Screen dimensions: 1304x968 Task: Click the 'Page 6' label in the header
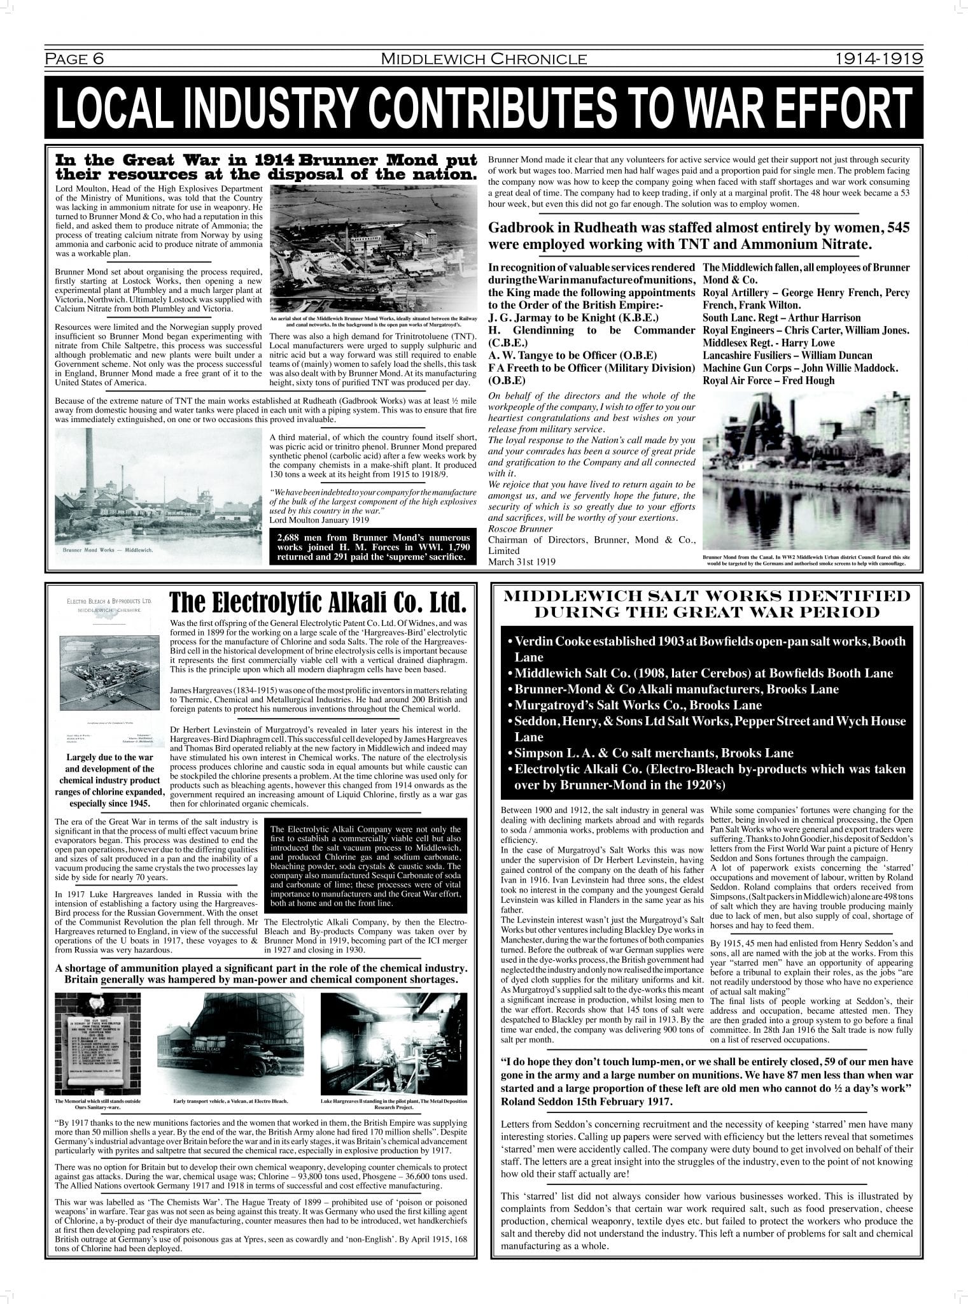pos(74,59)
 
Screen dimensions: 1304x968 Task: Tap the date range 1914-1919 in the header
pos(879,59)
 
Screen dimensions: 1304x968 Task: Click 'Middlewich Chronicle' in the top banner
pos(484,59)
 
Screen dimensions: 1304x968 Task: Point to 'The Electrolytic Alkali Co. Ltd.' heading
pos(318,602)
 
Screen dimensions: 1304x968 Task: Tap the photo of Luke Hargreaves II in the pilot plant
pos(393,1044)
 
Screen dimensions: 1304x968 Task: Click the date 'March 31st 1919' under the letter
pos(522,562)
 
